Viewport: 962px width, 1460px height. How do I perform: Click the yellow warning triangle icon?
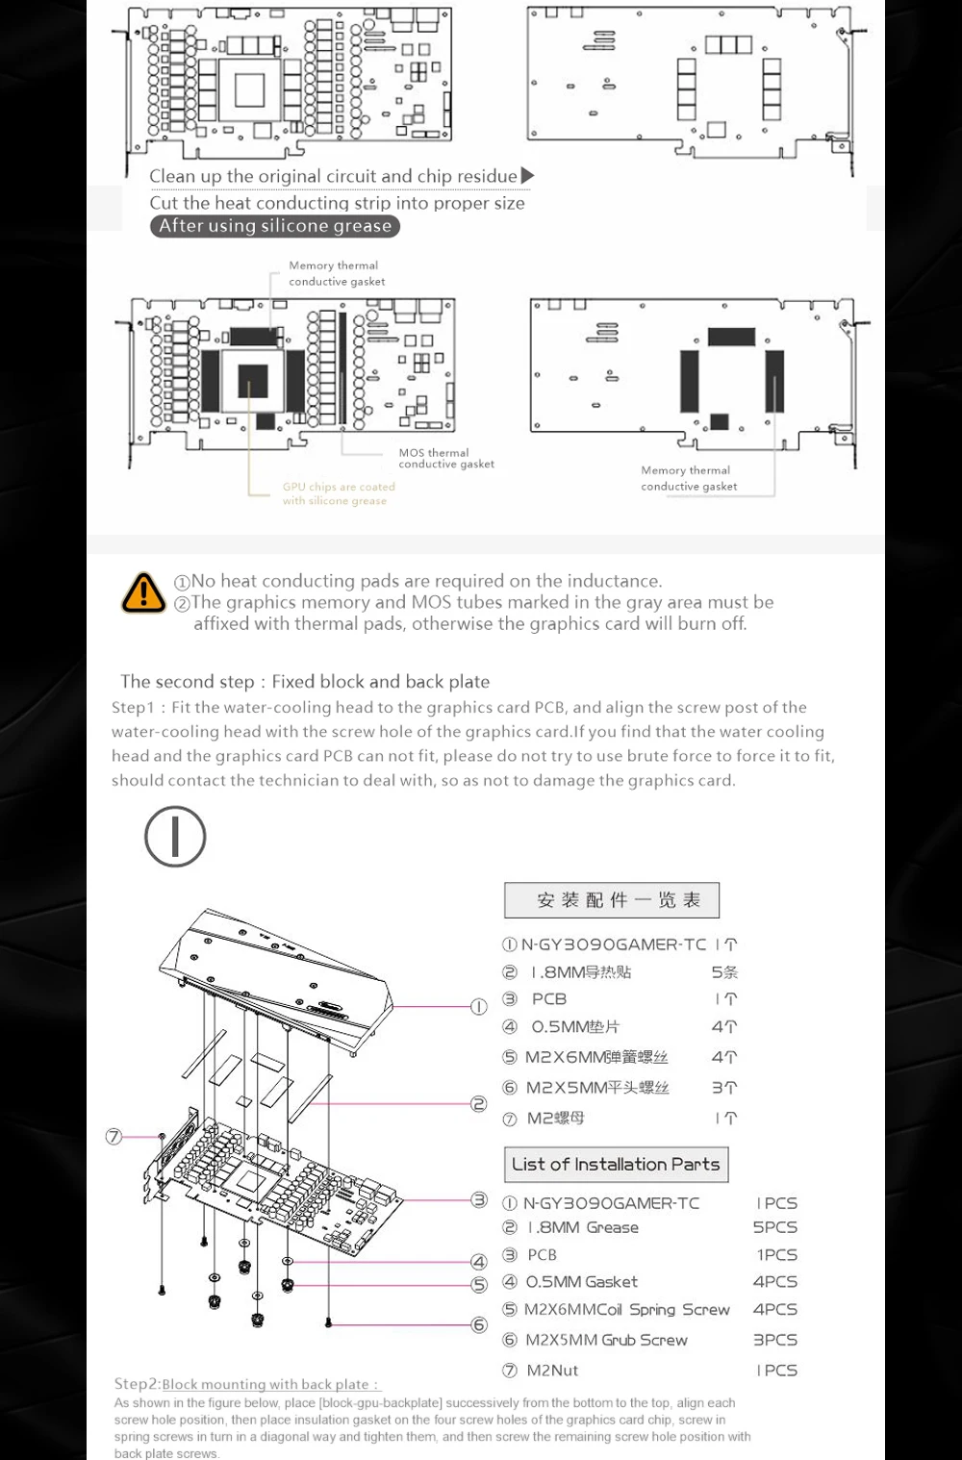point(143,592)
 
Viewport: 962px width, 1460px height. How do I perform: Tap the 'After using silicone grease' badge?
point(274,226)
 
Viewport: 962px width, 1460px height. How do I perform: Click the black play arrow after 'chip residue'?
point(527,176)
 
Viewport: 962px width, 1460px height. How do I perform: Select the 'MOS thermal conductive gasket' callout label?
point(445,459)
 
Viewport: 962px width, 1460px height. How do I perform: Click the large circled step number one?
point(175,836)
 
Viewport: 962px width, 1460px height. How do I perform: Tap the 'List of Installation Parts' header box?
point(616,1165)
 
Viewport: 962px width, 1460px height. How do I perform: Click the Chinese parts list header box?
point(612,900)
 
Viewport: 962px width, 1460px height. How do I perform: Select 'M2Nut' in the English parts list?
point(552,1371)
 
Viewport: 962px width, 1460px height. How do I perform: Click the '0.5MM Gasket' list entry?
point(581,1282)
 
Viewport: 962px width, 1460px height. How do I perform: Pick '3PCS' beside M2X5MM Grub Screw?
point(774,1340)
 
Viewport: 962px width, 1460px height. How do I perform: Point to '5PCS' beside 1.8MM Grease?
point(774,1227)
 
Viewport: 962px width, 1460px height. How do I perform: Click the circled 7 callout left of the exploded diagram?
point(114,1137)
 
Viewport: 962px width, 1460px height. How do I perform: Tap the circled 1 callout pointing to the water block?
point(478,1006)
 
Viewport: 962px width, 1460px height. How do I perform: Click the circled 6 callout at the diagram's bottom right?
point(478,1324)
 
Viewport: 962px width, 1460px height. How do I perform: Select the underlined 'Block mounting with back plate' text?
point(270,1384)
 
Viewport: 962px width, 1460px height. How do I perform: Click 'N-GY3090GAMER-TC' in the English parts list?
point(611,1203)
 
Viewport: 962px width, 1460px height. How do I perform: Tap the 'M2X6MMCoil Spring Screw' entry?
point(626,1310)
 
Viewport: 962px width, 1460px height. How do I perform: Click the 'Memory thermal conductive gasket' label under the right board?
point(688,478)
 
